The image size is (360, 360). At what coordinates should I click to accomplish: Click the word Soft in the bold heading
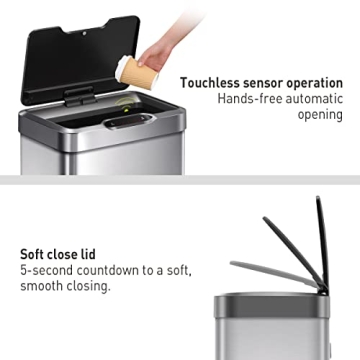[x=35, y=253]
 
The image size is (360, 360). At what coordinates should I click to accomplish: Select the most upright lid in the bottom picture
[x=322, y=240]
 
